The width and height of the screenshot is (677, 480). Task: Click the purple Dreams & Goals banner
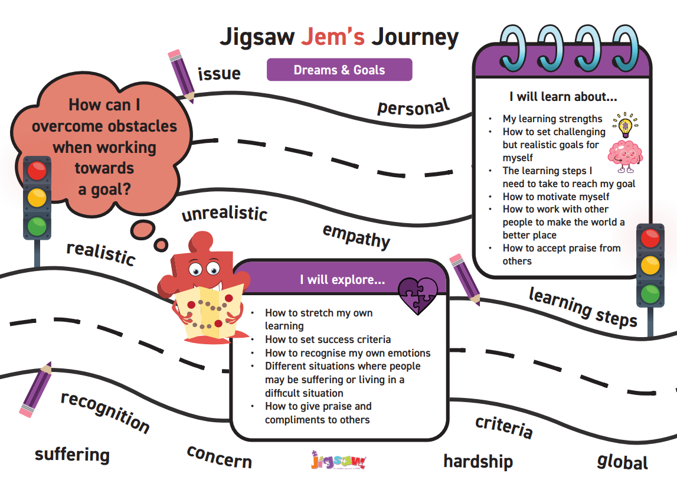pyautogui.click(x=339, y=70)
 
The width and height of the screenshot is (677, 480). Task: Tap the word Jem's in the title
pyautogui.click(x=332, y=37)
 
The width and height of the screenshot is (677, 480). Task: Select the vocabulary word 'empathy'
pyautogui.click(x=356, y=236)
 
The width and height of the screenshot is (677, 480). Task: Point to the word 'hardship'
pyautogui.click(x=478, y=462)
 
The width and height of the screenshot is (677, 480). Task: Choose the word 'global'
pyautogui.click(x=622, y=462)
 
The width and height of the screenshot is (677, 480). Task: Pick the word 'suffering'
pyautogui.click(x=72, y=455)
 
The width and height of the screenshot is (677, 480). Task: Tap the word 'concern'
pyautogui.click(x=220, y=457)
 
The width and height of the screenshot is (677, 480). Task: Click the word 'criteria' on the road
pyautogui.click(x=504, y=426)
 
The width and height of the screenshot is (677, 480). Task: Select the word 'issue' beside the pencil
pyautogui.click(x=219, y=73)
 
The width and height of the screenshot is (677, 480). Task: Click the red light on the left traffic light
pyautogui.click(x=37, y=171)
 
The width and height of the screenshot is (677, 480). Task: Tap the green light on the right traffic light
pyautogui.click(x=650, y=294)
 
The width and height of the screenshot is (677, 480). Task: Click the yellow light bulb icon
pyautogui.click(x=625, y=125)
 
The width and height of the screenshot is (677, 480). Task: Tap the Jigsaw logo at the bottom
pyautogui.click(x=339, y=461)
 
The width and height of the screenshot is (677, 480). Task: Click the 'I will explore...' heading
pyautogui.click(x=342, y=279)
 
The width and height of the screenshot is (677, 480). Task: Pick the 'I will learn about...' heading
pyautogui.click(x=563, y=96)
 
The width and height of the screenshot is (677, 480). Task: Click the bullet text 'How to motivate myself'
pyautogui.click(x=555, y=197)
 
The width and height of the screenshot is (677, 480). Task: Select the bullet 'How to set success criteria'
pyautogui.click(x=328, y=339)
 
